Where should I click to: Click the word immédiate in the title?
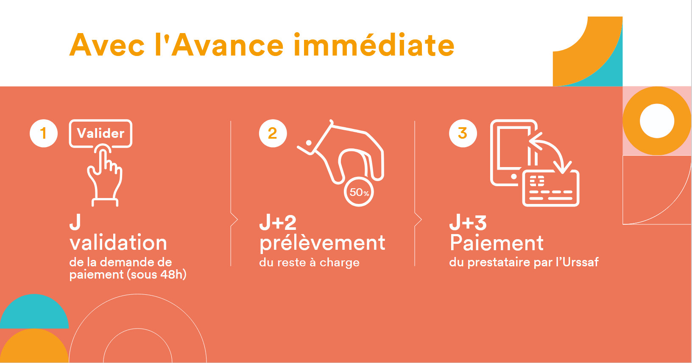[x=374, y=45]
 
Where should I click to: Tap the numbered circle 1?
[x=44, y=133]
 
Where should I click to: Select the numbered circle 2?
[x=273, y=133]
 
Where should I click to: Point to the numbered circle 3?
[x=463, y=133]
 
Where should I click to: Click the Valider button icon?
[x=101, y=134]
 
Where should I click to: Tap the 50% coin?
[x=359, y=192]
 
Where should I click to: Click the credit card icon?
[x=551, y=188]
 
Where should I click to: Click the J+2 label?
[x=278, y=223]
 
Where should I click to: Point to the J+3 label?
[x=468, y=223]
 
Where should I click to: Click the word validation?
[x=118, y=243]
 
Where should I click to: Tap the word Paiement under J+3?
[x=497, y=243]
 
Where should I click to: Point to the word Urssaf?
[x=581, y=262]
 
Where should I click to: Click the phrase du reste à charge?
[x=309, y=262]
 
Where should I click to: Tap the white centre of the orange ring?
[x=657, y=121]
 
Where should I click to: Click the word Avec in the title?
[x=107, y=45]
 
